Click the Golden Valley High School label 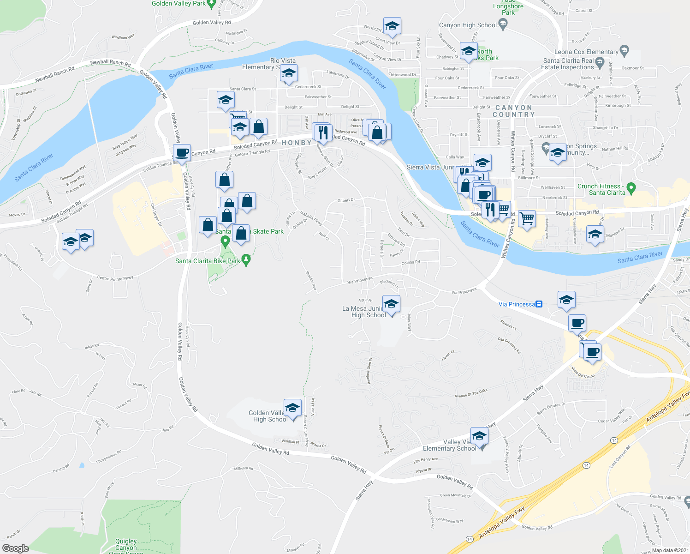coord(268,416)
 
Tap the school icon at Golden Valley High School coord(292,408)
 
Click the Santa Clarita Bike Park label coord(208,261)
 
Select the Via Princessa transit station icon coord(539,304)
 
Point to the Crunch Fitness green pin coord(631,188)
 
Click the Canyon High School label coord(468,25)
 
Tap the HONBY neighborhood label coord(297,143)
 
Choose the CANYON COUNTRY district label coord(513,111)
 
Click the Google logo coord(15,548)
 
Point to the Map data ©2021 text coord(670,550)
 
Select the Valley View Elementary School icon coord(479,436)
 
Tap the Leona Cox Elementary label coord(586,52)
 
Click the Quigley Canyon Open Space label coord(126,545)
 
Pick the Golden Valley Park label coord(178,4)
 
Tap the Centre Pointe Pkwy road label coord(115,278)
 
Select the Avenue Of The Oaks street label coord(470,393)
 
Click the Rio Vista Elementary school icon coord(288,73)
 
